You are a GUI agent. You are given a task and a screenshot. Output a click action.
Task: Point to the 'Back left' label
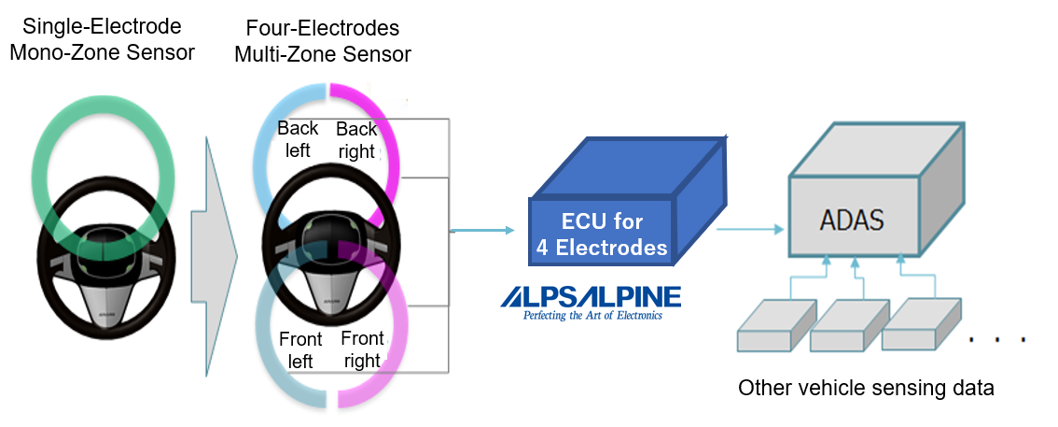(x=298, y=139)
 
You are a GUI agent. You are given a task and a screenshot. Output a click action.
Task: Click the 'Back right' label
(x=355, y=140)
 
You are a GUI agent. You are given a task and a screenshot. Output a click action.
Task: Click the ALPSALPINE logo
(x=591, y=297)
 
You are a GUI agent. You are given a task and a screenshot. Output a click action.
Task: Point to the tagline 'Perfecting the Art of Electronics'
(x=591, y=315)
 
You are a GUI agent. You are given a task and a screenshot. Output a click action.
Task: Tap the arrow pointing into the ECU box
(x=483, y=230)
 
